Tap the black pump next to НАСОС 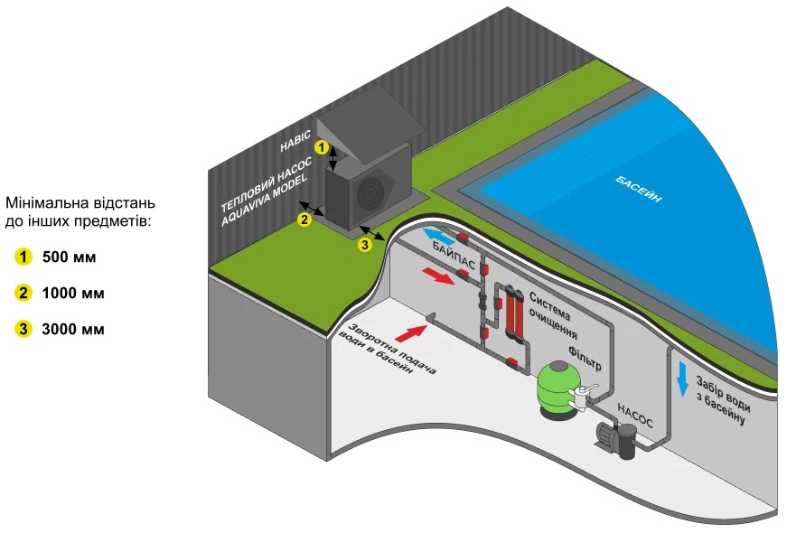[616, 441]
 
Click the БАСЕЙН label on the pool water [638, 189]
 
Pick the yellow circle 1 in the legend [23, 257]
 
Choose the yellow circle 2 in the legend [23, 294]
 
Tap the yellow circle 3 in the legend [23, 329]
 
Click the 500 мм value [69, 257]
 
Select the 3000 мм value [73, 329]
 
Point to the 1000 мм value [73, 294]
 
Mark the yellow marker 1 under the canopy [320, 145]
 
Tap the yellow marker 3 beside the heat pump [364, 244]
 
